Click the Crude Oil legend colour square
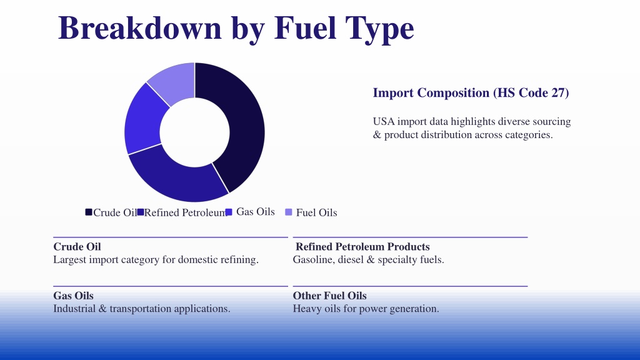[89, 212]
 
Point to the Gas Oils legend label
[256, 212]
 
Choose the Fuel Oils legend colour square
[289, 212]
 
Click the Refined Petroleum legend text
[184, 212]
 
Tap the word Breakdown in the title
[140, 27]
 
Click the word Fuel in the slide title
[305, 27]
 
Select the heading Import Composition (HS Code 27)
[471, 92]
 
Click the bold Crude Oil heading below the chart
[77, 246]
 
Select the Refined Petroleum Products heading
[362, 246]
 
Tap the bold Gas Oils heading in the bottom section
[74, 296]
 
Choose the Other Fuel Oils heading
[330, 296]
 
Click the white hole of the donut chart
[195, 132]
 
